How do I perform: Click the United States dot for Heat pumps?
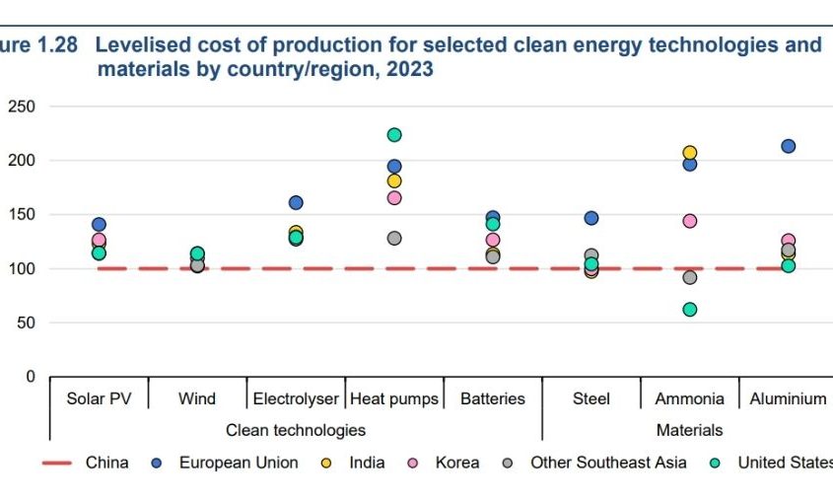[394, 135]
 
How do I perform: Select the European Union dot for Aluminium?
[789, 147]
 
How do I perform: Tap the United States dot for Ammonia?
[690, 310]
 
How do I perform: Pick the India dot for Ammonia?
[690, 153]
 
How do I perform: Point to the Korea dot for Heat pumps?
[394, 198]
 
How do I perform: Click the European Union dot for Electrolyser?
[296, 203]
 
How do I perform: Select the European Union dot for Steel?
[591, 218]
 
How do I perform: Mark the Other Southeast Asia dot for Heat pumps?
[394, 239]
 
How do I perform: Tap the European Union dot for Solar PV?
[99, 225]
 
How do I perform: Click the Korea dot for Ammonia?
[690, 221]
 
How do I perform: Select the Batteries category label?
[493, 399]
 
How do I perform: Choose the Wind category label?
[197, 399]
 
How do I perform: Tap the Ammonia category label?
[690, 399]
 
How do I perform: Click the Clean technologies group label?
[296, 430]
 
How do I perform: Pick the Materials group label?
[690, 430]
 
